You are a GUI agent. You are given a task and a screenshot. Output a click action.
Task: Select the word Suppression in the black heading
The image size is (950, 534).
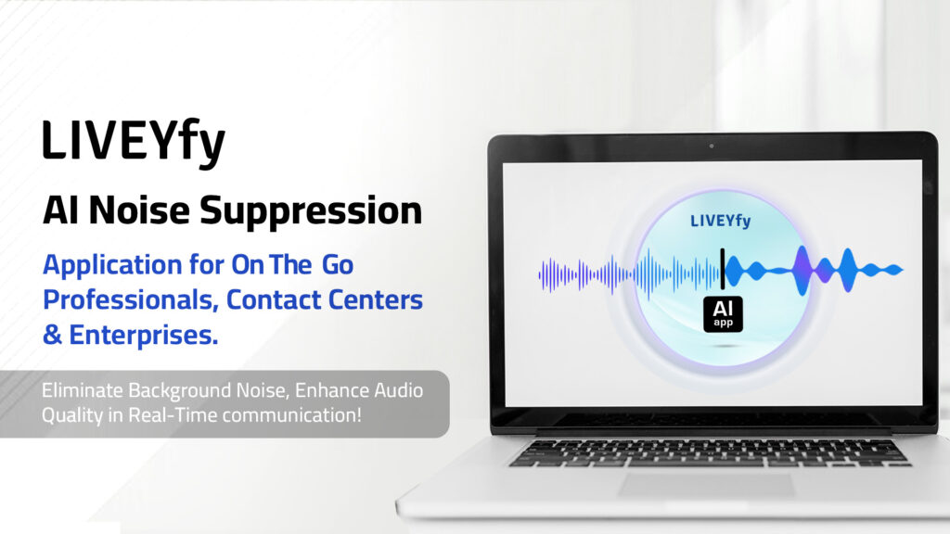coord(311,211)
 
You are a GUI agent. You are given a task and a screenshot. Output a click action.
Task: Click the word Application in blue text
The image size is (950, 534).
coord(112,266)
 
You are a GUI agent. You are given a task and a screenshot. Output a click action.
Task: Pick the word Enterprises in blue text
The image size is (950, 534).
coord(144,335)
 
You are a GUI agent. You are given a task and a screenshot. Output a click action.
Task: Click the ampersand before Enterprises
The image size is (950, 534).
coord(52,335)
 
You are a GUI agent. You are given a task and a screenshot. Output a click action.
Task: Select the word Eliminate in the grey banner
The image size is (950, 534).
coord(82,390)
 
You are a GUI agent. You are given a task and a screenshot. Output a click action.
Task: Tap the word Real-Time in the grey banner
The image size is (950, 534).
coord(173,415)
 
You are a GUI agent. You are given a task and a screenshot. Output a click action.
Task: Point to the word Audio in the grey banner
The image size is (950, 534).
coord(398,390)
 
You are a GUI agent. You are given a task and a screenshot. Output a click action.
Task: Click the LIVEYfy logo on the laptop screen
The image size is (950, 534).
coord(720,221)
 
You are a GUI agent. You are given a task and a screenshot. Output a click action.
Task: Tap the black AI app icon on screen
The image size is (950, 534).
coord(723,314)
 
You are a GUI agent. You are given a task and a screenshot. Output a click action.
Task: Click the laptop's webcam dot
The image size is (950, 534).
coord(712,146)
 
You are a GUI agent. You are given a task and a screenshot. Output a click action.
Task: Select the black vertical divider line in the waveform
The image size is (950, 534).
coord(722,269)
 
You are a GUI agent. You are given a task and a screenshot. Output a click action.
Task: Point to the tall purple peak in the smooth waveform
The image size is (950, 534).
coord(802,270)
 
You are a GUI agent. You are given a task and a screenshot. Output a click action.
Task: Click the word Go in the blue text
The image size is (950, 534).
coord(338,265)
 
